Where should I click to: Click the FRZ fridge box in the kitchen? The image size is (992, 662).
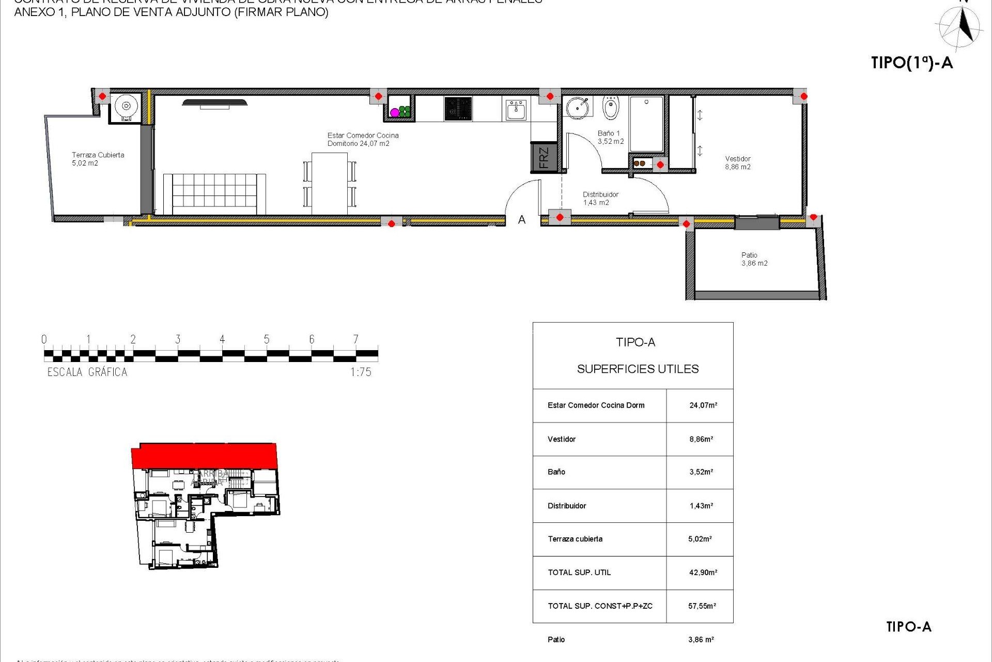pyautogui.click(x=544, y=157)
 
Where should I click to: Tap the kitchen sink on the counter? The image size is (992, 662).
pyautogui.click(x=516, y=110)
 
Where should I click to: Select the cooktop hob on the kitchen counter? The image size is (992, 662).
pyautogui.click(x=458, y=109)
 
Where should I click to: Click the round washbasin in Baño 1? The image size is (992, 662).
pyautogui.click(x=577, y=108)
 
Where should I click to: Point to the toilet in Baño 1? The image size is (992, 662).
pyautogui.click(x=611, y=108)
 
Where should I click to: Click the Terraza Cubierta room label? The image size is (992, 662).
pyautogui.click(x=98, y=158)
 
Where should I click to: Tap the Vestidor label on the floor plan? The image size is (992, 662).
pyautogui.click(x=737, y=162)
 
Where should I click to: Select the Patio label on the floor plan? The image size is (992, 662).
pyautogui.click(x=754, y=259)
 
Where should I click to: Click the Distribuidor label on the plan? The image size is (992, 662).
pyautogui.click(x=600, y=198)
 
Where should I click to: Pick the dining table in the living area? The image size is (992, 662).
pyautogui.click(x=329, y=183)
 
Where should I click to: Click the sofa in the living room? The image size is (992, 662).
pyautogui.click(x=214, y=193)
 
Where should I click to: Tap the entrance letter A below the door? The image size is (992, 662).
pyautogui.click(x=522, y=220)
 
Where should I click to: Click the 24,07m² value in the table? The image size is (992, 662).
pyautogui.click(x=703, y=405)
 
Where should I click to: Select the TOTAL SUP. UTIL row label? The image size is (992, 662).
pyautogui.click(x=579, y=573)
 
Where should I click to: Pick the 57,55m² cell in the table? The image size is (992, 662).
pyautogui.click(x=702, y=606)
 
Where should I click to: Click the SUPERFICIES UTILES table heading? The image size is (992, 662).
pyautogui.click(x=638, y=369)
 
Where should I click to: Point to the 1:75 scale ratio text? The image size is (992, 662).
pyautogui.click(x=361, y=372)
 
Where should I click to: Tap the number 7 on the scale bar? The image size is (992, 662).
pyautogui.click(x=355, y=339)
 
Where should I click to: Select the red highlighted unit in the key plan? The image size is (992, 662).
pyautogui.click(x=204, y=456)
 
